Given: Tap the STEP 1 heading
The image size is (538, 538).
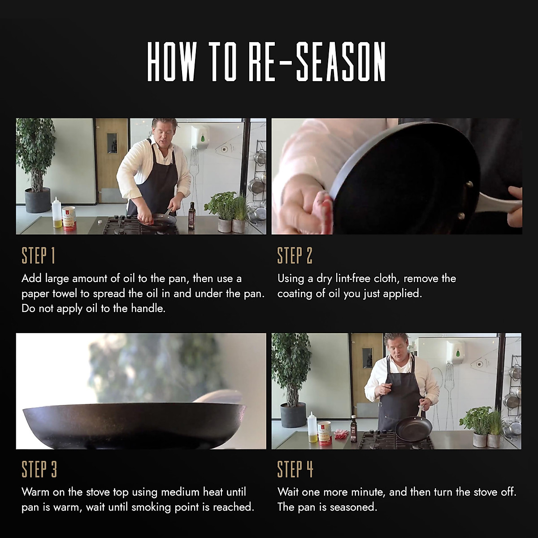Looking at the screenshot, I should tap(38, 256).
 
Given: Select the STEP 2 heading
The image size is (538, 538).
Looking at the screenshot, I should tap(295, 256).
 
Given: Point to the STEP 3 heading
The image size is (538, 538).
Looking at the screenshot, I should tap(39, 469).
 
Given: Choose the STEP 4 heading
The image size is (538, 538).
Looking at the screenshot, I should tap(295, 469).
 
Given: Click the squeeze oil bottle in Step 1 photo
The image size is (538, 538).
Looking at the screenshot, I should tap(56, 213).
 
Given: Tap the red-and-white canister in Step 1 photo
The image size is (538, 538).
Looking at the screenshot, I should tap(69, 219).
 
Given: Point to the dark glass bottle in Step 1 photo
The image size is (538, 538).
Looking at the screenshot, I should tap(192, 216).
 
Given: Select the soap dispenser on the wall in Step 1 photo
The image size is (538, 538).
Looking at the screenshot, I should tap(201, 137).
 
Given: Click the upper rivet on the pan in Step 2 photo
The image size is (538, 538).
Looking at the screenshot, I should tap(469, 184).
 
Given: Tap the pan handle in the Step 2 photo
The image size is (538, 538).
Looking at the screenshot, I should tap(498, 204).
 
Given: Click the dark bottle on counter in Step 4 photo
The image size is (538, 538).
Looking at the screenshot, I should tap(353, 430).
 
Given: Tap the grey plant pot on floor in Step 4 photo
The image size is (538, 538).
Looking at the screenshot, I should tap(293, 415).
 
